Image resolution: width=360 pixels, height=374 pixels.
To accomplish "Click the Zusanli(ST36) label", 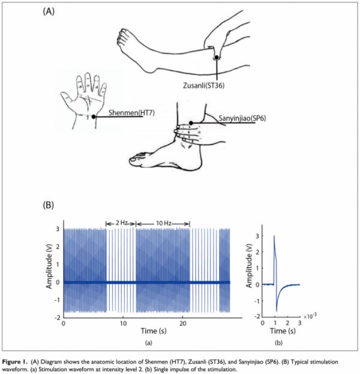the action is (x=203, y=85).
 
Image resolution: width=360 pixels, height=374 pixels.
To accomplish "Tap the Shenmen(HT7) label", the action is (x=131, y=112).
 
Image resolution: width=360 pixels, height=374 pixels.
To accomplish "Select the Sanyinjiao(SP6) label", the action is (x=242, y=118).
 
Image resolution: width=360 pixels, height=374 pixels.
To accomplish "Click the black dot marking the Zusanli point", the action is (x=216, y=57).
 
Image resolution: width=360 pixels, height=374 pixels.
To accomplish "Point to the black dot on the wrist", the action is (x=94, y=116).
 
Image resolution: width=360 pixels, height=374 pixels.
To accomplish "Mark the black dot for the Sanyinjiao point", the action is (x=191, y=123).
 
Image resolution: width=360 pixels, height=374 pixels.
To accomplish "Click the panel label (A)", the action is (x=49, y=11).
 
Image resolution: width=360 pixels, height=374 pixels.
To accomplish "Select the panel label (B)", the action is (x=49, y=205).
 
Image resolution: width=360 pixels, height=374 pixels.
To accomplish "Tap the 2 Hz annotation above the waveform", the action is (x=122, y=223).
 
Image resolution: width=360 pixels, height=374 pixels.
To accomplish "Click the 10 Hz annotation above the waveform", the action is (x=164, y=223).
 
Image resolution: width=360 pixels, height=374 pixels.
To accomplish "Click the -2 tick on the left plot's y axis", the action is (x=58, y=318).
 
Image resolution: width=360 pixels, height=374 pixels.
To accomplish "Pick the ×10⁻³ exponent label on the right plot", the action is (x=310, y=316).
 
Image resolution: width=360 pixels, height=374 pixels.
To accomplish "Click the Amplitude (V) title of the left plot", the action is (x=49, y=266).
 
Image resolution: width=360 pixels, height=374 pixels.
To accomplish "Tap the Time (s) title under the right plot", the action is (x=283, y=331).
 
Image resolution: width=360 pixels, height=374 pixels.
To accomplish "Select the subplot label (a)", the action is (x=149, y=343).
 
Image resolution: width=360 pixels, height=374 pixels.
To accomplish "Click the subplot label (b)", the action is (x=278, y=343).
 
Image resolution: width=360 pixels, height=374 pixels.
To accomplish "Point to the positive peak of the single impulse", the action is (x=274, y=236).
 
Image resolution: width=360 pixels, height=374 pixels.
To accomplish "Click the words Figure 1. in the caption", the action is (x=15, y=362).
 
